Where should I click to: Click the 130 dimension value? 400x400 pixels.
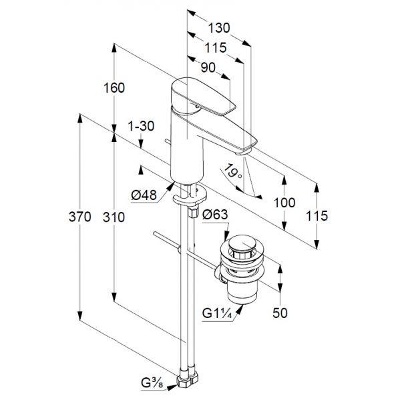219,27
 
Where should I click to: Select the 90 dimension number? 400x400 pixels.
208,67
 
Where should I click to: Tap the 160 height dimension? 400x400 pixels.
114,88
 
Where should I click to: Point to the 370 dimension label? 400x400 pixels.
79,217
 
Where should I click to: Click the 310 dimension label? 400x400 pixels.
114,217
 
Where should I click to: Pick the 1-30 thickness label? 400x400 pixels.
141,126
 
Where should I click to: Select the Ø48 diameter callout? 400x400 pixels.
144,195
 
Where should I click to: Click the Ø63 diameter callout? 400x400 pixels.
215,214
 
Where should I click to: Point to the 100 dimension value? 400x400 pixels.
284,203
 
